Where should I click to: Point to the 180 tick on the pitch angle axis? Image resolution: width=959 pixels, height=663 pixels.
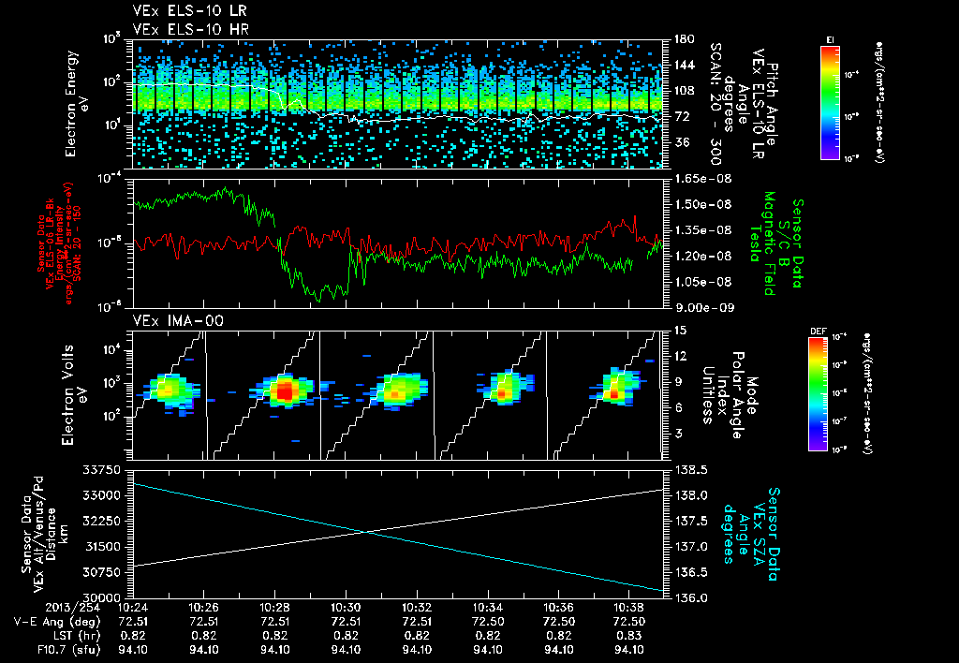click(679, 39)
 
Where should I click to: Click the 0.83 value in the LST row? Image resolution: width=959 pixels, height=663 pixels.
click(630, 635)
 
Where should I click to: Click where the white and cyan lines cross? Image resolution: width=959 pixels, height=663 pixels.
click(364, 532)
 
